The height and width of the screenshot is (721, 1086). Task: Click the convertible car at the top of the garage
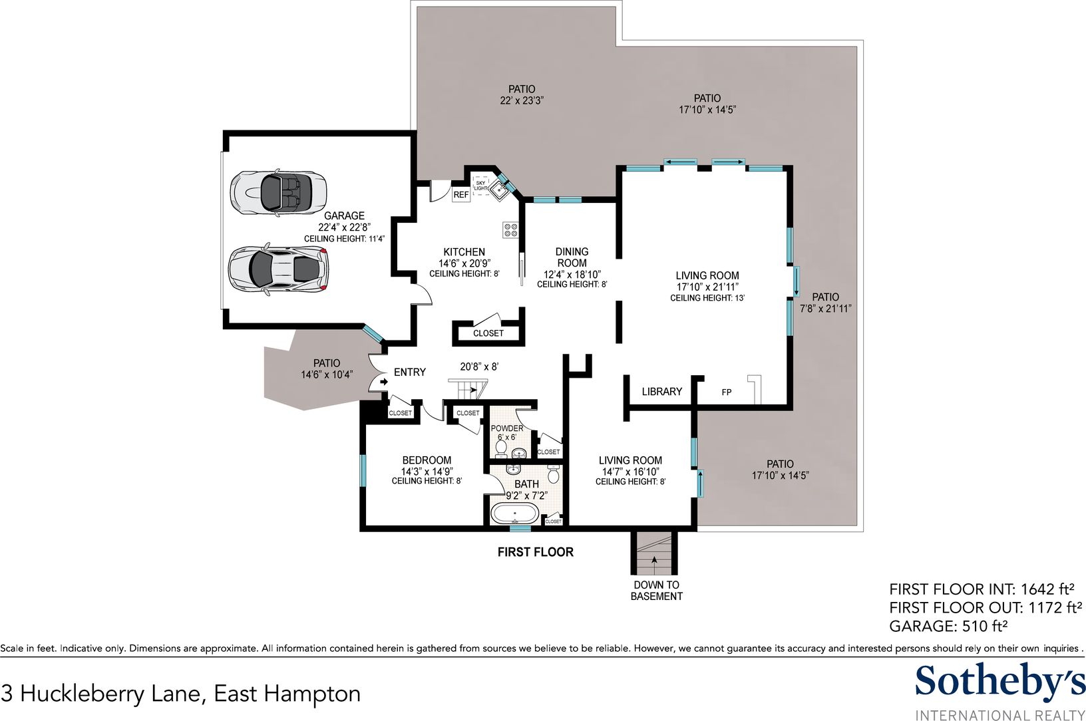coord(278,192)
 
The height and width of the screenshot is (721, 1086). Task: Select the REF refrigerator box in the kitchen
coord(461,195)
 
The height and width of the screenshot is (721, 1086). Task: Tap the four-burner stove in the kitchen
coord(510,229)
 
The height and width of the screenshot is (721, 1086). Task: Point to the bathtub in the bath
coord(514,513)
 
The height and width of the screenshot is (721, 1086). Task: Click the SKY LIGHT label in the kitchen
coord(480,186)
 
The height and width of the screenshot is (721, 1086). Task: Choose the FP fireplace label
coord(726,392)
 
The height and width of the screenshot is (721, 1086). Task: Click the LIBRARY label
coord(661,392)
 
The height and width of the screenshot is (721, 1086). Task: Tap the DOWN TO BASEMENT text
coord(656,591)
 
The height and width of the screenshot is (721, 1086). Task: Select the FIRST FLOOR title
coord(535,552)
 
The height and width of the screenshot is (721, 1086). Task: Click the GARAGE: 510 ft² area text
coord(948,626)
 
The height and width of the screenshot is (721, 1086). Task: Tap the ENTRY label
coord(410,372)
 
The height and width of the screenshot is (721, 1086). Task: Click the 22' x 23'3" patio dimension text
coord(522,101)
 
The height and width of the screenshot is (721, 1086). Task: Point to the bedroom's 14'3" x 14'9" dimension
coord(427,472)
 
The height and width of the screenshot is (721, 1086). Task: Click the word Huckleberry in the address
coord(110,694)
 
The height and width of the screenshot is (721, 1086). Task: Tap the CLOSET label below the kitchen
coord(488,333)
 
